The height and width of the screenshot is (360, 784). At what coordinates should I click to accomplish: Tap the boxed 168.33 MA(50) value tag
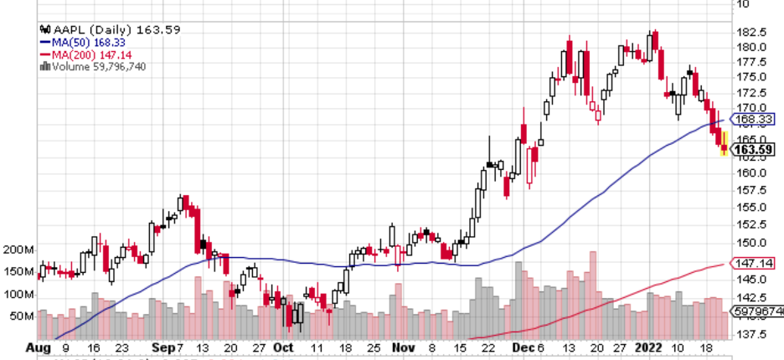pos(752,119)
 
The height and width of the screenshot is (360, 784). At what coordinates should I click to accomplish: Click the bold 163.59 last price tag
pos(752,151)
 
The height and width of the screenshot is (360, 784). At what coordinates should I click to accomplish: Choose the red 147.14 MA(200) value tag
pos(752,263)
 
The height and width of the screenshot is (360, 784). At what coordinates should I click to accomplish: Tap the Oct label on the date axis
pos(284,347)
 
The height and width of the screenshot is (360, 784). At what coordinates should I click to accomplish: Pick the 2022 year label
pos(649,347)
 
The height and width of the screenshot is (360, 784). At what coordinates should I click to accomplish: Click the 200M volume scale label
pos(18,250)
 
